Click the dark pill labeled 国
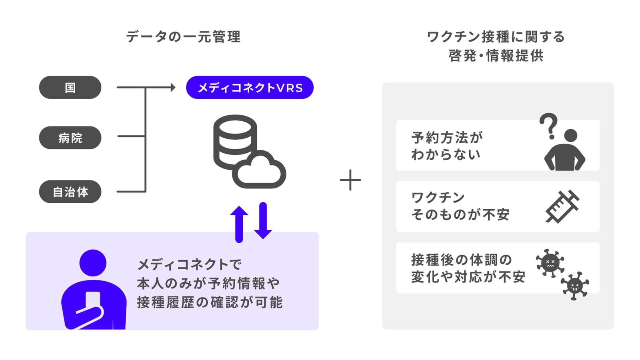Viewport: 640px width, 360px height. pos(70,88)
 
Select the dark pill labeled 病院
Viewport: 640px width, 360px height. pos(70,138)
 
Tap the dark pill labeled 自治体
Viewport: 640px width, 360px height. pos(70,192)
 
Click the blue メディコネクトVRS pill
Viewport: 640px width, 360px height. pos(250,88)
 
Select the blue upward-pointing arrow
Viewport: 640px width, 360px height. pos(239,224)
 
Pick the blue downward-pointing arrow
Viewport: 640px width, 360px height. pos(263,220)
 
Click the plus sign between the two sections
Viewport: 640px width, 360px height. pos(350,180)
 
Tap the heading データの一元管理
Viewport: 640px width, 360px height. pos(184,37)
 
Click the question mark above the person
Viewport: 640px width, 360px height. pos(548,126)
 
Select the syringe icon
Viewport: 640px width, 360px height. pos(562,206)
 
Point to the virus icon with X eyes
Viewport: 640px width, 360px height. pos(550,263)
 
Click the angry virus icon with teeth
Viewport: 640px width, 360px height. pos(575,286)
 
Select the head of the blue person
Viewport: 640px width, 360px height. pos(93,263)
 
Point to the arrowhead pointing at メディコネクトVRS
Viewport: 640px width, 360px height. pos(173,88)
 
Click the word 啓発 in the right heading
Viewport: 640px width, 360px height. pos(462,56)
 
